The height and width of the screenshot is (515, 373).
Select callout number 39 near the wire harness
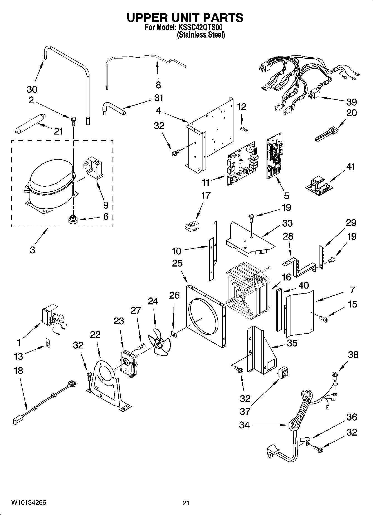(x=352, y=102)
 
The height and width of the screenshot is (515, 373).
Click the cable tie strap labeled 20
(x=327, y=134)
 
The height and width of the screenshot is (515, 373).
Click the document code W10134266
(x=29, y=502)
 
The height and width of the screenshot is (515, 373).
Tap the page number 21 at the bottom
(x=186, y=503)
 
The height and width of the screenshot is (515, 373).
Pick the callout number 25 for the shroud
(x=177, y=263)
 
